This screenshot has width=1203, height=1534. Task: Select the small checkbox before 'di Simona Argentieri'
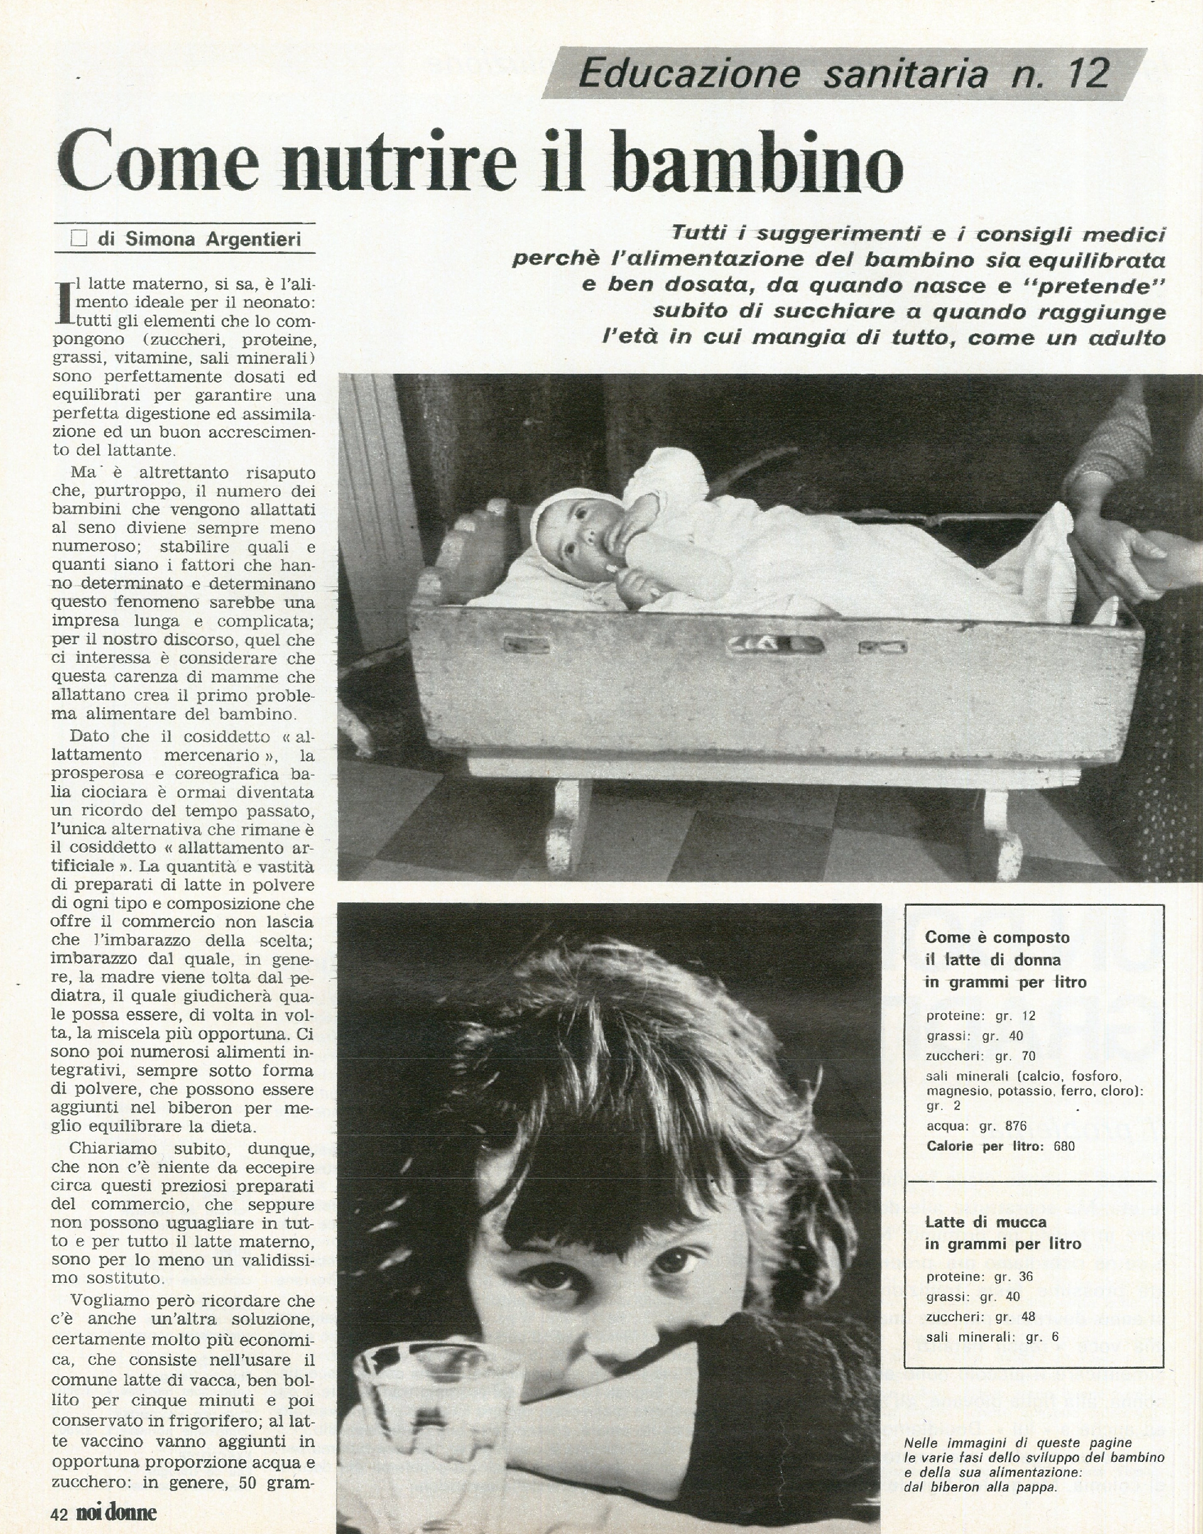coord(79,239)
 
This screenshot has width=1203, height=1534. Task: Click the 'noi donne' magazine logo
coord(116,1512)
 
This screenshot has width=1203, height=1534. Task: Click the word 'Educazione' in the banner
coord(689,73)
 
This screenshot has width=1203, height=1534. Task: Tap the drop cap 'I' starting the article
coord(63,303)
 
